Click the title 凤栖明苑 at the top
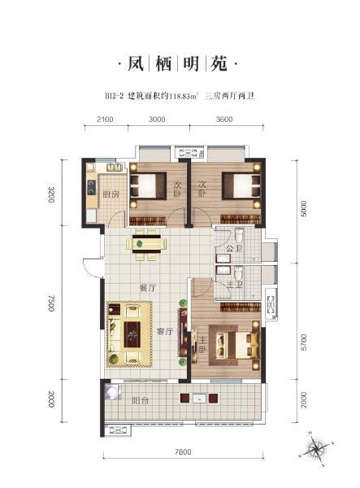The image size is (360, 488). pyautogui.click(x=180, y=63)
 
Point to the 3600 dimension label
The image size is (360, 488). pyautogui.click(x=224, y=120)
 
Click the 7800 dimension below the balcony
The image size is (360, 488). pyautogui.click(x=183, y=453)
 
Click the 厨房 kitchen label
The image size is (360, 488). pyautogui.click(x=112, y=194)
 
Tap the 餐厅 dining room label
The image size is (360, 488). pyautogui.click(x=147, y=288)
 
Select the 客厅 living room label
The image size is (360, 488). pyautogui.click(x=166, y=331)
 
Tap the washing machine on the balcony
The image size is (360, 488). pyautogui.click(x=111, y=394)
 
